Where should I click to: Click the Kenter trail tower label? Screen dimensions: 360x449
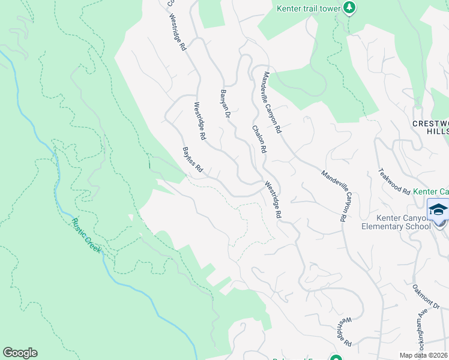coord(309,8)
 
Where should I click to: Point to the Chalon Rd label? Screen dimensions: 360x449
coord(259,139)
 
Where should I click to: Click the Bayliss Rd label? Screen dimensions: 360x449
coord(193,161)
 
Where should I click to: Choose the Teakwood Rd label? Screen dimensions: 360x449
coord(393,180)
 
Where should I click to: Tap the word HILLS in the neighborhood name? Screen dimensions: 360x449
coord(437,131)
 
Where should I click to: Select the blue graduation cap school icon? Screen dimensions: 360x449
coord(438,210)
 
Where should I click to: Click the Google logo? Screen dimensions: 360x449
coord(20,353)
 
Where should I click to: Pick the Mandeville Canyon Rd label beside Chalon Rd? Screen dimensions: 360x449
coord(271,102)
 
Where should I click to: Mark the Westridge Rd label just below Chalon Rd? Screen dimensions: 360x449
coord(273,200)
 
